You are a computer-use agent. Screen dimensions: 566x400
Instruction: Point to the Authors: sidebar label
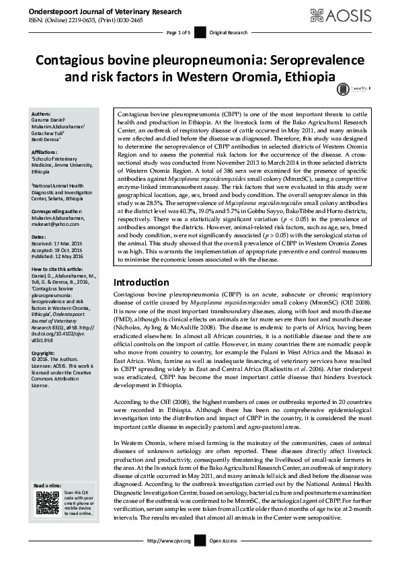point(41,115)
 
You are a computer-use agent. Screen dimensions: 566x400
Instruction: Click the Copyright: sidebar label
point(44,353)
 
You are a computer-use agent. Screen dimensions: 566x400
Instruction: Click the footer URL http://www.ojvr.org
point(168,540)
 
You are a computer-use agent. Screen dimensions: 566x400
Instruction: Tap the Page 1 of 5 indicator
point(179,32)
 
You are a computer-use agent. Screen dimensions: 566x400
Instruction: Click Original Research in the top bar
point(229,32)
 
